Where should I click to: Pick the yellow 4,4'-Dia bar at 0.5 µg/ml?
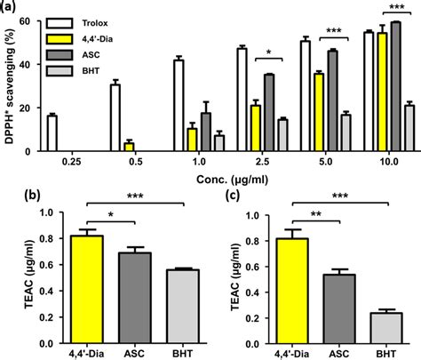104,147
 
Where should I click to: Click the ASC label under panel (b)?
137,351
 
